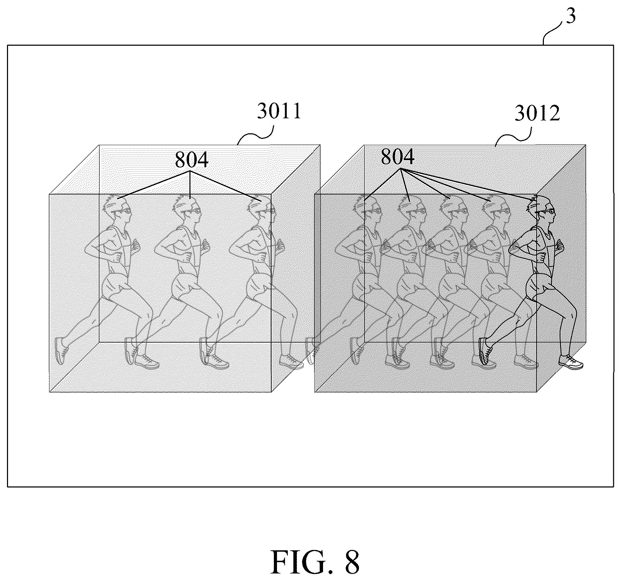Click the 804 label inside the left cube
click(x=192, y=160)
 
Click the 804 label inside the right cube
click(x=398, y=157)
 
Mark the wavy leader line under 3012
click(x=513, y=136)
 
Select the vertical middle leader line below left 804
click(x=190, y=185)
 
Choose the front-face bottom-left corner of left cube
click(x=49, y=392)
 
